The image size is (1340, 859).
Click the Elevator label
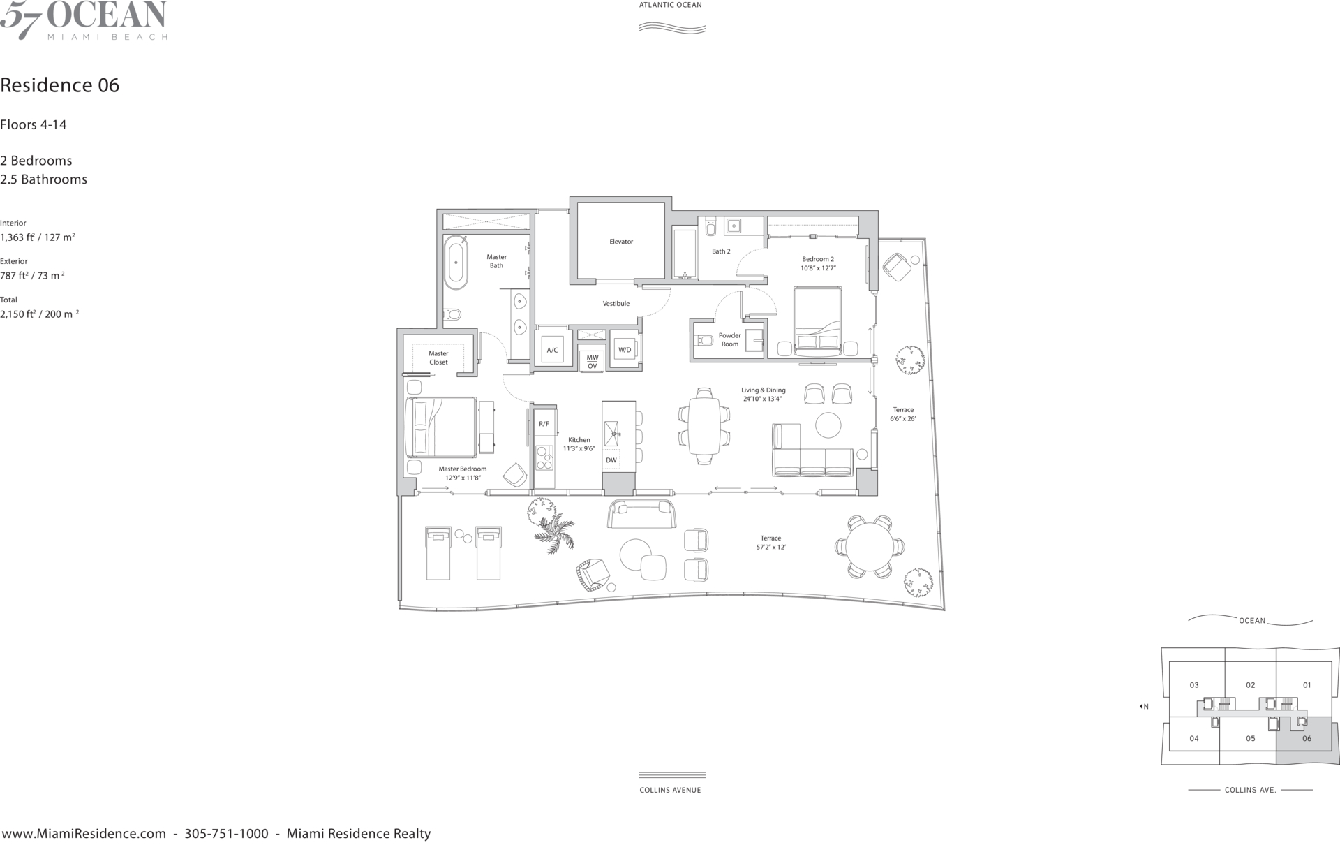621,242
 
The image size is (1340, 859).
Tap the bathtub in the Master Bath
456,263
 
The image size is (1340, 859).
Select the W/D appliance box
625,349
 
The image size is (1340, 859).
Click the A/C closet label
552,350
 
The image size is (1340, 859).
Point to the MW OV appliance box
593,362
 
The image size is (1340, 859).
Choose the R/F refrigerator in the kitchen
544,424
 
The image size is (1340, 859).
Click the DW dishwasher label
611,460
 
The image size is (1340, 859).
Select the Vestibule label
616,304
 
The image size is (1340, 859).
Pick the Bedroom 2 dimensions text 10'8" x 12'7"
819,268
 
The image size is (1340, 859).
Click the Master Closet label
439,358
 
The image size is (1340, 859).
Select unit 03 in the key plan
1194,685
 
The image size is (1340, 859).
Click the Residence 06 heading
60,85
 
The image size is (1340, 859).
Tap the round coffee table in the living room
828,425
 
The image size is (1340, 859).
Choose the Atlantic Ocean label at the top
671,5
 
